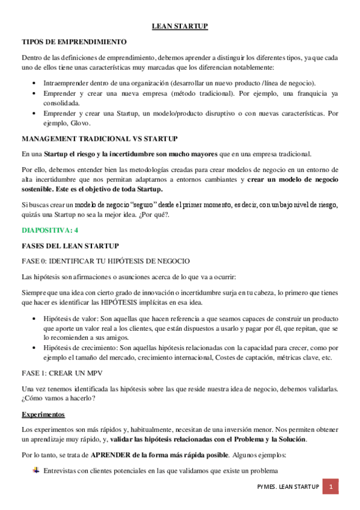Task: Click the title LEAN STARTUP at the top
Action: click(x=179, y=26)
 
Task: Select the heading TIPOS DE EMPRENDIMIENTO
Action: click(x=74, y=41)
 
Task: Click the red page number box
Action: click(x=331, y=486)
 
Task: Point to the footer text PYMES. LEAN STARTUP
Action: click(x=285, y=486)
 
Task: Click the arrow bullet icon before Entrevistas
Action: click(x=35, y=470)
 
